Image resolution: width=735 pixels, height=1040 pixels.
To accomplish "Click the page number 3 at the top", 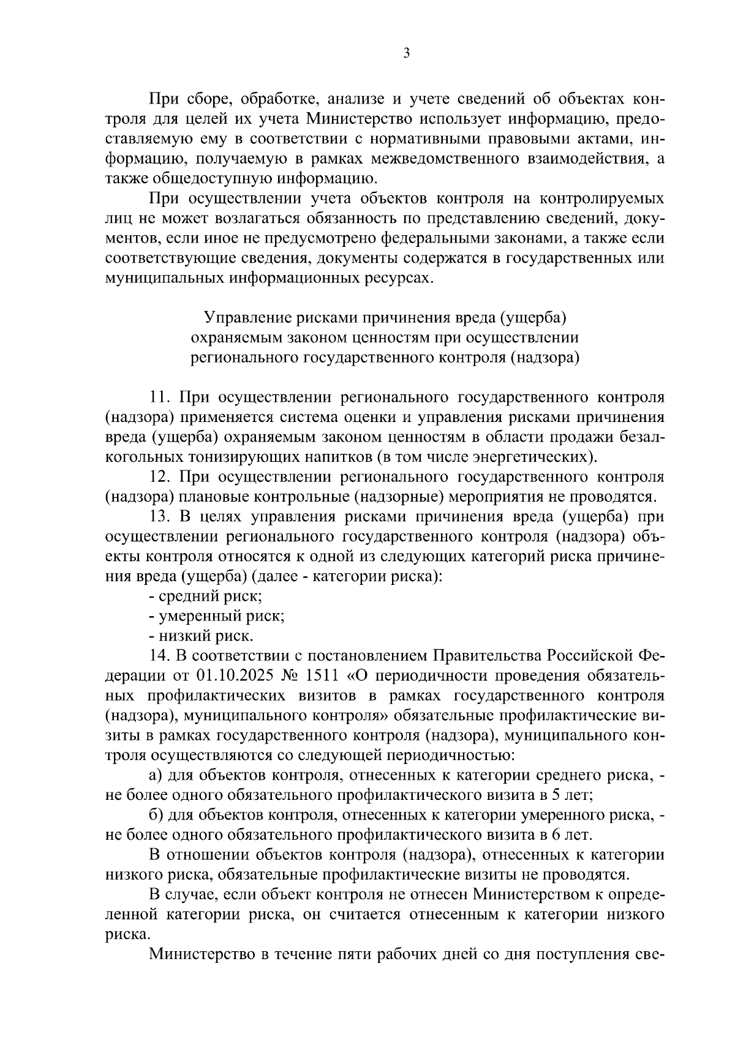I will (x=406, y=53).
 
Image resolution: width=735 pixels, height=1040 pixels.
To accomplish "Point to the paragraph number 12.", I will (x=160, y=477).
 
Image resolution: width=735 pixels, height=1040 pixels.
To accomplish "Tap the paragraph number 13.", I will (x=160, y=516).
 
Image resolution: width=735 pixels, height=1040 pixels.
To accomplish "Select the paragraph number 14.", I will (x=160, y=655).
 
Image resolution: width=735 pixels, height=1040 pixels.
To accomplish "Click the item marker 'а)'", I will (x=156, y=775).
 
